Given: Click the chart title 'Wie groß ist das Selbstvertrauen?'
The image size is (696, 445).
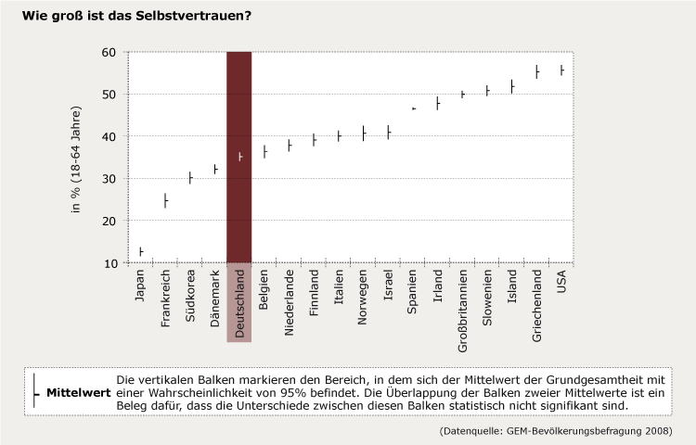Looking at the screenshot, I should coord(135,16).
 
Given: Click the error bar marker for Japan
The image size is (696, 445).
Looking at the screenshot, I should coord(141,251).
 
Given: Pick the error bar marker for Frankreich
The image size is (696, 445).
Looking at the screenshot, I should coord(165,201).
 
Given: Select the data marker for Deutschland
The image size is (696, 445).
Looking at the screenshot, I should coord(239,157).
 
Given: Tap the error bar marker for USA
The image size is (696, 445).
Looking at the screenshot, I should coord(561,70).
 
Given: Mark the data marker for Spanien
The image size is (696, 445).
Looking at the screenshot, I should coord(414,108).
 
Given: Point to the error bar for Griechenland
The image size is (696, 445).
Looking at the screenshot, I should coord(536,71).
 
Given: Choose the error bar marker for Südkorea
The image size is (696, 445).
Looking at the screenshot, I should coord(190,177).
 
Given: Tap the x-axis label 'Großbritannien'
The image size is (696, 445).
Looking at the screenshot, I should coord(462,308).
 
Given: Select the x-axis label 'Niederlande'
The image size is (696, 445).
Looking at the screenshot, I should coord(290,301).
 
